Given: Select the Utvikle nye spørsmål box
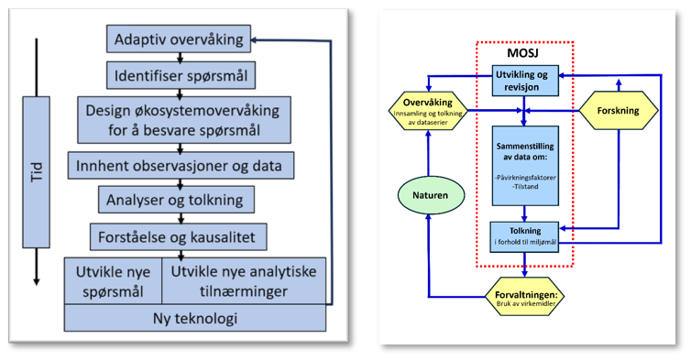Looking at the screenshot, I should tap(112, 279).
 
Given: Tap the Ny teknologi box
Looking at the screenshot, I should tap(195, 318).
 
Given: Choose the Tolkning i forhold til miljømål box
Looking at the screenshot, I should tap(525, 235).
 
